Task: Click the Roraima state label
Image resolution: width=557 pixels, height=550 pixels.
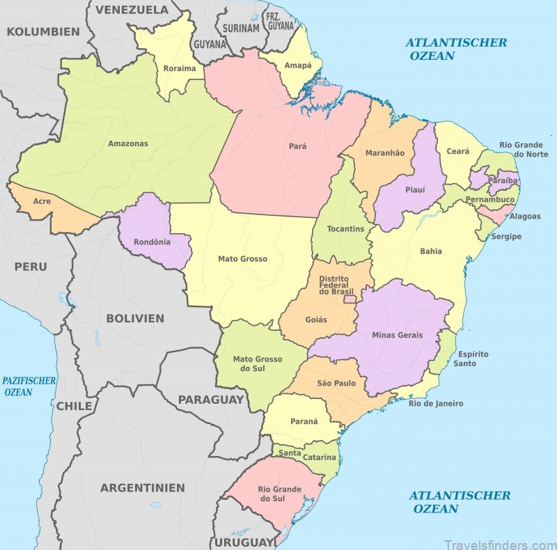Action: click(179, 68)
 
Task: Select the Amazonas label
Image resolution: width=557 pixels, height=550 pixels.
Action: click(127, 143)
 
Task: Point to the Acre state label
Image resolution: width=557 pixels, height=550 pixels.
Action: click(42, 201)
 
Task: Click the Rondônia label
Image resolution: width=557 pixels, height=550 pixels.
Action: click(152, 242)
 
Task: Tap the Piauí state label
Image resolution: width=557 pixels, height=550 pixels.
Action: click(415, 189)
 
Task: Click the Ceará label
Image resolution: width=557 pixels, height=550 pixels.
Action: click(457, 151)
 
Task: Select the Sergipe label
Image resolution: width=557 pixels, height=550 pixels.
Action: click(505, 237)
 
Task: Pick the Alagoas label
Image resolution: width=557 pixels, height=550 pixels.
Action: click(524, 217)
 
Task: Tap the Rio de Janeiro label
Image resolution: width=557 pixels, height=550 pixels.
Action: click(436, 403)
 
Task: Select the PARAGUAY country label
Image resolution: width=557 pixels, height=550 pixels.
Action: click(211, 400)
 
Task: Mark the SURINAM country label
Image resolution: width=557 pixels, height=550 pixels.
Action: click(241, 28)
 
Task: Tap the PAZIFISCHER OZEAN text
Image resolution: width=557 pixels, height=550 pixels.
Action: click(29, 386)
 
